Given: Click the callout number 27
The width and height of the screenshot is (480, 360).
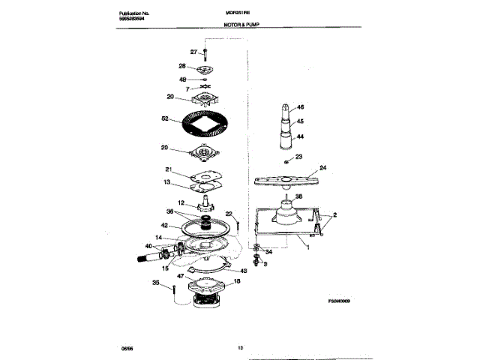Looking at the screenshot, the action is (193, 51).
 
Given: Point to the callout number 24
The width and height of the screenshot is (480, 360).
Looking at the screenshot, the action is (323, 168).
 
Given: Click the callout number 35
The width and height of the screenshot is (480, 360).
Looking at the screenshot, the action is (156, 283).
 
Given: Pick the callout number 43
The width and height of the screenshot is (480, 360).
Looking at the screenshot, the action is (243, 271).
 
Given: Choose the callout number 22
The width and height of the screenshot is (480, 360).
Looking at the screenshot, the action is (229, 214).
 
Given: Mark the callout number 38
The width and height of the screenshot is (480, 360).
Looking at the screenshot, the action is (298, 196).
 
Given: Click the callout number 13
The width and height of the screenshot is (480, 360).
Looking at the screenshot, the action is (169, 182).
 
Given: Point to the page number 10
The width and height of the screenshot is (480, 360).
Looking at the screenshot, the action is (240, 346).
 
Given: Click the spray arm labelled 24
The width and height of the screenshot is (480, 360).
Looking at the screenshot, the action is (285, 178).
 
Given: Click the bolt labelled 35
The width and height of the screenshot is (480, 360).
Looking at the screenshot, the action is (173, 288).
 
